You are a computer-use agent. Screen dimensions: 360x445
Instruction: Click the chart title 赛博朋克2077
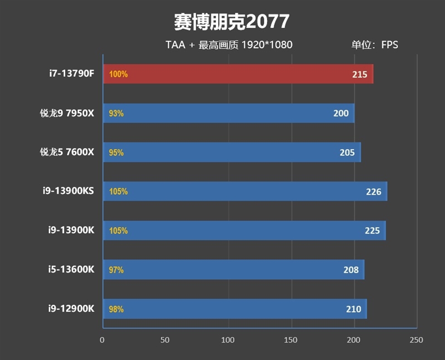[231, 22]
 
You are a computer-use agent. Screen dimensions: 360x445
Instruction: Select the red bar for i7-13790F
[238, 74]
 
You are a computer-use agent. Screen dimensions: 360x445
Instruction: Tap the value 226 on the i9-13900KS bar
[373, 192]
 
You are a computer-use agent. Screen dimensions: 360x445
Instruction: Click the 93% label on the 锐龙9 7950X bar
[116, 114]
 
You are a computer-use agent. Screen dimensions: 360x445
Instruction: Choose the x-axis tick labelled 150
[290, 340]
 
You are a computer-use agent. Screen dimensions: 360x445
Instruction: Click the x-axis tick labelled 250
[416, 340]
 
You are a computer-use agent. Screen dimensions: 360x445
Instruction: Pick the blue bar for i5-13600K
[234, 270]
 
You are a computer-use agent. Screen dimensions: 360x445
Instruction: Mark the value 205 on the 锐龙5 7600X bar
[347, 153]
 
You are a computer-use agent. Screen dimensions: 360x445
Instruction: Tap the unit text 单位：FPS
[374, 45]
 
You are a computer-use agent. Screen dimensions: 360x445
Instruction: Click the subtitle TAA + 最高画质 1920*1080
[229, 45]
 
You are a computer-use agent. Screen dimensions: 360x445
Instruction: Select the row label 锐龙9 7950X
[67, 114]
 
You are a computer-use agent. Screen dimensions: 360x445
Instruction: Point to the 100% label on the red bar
[118, 74]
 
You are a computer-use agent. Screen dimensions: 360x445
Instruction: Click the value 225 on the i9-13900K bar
[372, 231]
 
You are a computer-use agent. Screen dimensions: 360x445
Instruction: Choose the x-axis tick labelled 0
[102, 340]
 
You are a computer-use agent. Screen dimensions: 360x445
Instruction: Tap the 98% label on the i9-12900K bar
[116, 309]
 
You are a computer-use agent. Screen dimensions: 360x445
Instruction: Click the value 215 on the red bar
[359, 74]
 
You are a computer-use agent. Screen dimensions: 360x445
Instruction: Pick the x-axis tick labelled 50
[165, 340]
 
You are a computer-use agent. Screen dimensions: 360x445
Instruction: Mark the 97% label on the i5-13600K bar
[116, 270]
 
